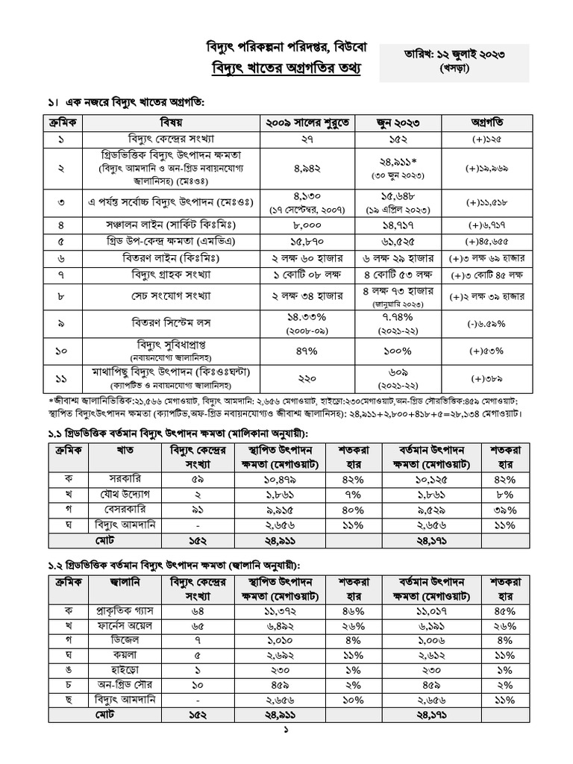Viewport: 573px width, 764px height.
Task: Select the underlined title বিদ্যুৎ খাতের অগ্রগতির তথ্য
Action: (x=286, y=69)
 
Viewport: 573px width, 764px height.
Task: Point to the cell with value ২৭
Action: (x=313, y=140)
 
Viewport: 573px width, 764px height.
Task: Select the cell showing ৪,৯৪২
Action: (x=313, y=169)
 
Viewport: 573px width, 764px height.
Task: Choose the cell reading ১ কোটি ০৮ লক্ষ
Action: (x=313, y=277)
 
